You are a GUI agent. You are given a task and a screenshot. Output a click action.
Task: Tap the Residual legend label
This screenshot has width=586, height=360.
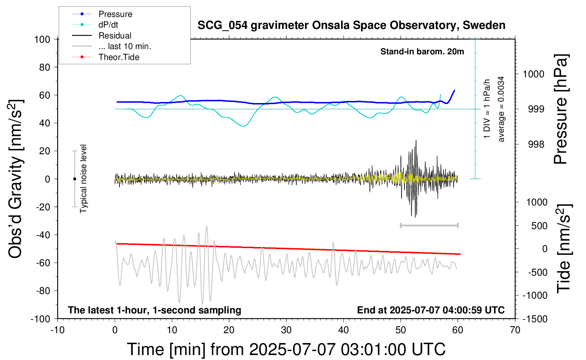pos(115,36)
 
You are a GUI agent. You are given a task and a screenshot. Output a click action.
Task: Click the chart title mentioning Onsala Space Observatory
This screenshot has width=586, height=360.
pos(351,25)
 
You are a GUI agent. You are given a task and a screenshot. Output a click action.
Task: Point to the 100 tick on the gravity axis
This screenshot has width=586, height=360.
pos(42,40)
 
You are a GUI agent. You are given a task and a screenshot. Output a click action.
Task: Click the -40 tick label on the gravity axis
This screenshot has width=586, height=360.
pos(43,235)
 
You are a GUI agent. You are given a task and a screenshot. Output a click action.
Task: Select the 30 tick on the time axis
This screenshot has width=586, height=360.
pos(286,330)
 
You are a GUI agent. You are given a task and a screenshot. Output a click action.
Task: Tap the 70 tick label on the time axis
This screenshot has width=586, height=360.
pos(515,330)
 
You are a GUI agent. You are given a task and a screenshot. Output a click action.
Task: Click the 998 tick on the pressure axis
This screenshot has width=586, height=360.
pos(536,144)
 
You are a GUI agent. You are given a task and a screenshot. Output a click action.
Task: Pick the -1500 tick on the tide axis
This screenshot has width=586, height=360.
pos(535,319)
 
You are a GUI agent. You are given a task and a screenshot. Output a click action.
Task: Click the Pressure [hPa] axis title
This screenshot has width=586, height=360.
pos(561,109)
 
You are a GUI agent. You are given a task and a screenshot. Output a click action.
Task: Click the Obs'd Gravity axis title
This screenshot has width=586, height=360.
pos(15,179)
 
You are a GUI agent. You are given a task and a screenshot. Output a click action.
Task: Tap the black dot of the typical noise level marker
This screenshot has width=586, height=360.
pos(74,179)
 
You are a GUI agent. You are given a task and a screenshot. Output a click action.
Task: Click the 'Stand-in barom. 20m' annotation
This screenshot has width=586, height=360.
pos(422,52)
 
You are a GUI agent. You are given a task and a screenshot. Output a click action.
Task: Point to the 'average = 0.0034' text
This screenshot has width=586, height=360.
pos(501,109)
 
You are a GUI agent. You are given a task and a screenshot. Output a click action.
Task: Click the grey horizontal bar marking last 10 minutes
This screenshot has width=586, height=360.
pos(429,225)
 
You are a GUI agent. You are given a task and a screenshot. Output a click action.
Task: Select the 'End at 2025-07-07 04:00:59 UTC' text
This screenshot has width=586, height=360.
pos(431,310)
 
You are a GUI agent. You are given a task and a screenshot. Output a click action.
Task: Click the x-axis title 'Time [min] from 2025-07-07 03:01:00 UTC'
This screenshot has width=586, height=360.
pos(286,349)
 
